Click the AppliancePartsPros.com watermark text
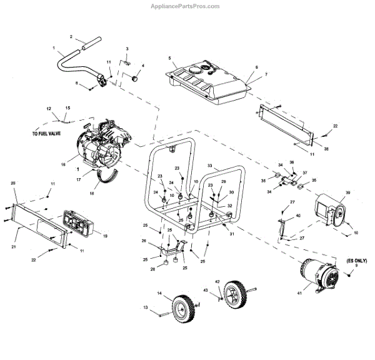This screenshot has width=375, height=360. [x=187, y=6]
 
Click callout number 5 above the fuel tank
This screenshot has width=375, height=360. [x=169, y=58]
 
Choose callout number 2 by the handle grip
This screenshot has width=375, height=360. [x=71, y=36]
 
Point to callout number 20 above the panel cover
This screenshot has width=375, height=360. [x=12, y=182]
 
